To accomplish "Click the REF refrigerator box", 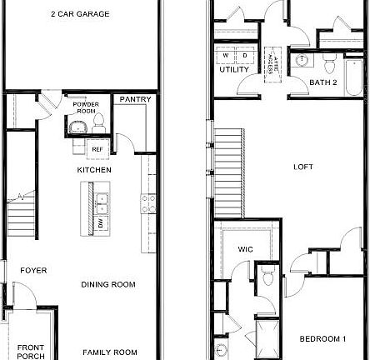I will click(x=97, y=149).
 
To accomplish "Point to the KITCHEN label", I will click(x=94, y=170).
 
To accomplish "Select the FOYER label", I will click(x=33, y=270).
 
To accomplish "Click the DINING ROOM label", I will click(x=108, y=284).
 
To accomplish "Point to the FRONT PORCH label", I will click(x=31, y=351).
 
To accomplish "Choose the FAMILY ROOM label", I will click(x=108, y=352).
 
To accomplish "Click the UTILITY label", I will click(x=233, y=69).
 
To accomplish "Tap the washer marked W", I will click(x=227, y=55).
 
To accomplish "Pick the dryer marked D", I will click(x=245, y=55).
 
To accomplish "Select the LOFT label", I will click(x=303, y=167).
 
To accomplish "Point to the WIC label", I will click(x=245, y=248).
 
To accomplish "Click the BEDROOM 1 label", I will click(x=322, y=338).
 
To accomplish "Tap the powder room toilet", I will click(x=98, y=123).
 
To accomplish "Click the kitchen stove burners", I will click(x=148, y=201).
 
